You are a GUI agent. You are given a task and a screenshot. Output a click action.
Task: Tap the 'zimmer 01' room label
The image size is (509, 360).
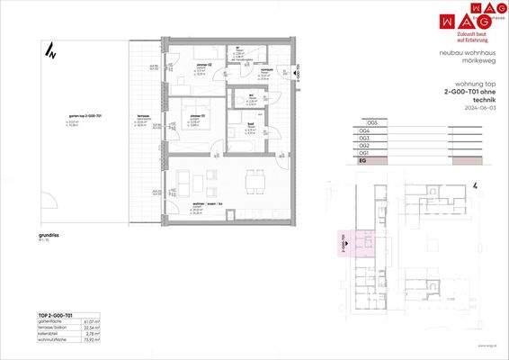(197, 116)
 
